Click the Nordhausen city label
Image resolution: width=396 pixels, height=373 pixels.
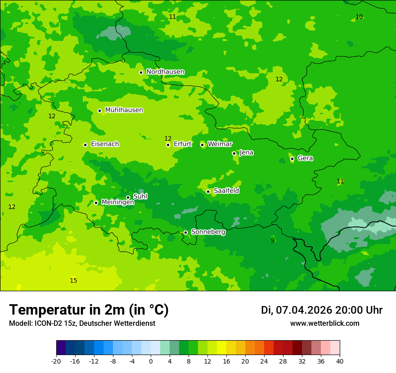165,72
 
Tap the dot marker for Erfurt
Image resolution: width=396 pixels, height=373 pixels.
168,145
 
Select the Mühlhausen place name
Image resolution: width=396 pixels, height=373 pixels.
124,110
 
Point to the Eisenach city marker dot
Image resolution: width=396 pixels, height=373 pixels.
85,145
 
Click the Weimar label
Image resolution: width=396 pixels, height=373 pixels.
220,144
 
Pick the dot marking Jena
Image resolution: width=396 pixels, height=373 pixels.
234,153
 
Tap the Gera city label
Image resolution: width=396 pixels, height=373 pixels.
305,158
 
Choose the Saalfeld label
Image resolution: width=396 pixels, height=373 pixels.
226,191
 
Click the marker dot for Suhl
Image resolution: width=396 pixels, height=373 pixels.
128,197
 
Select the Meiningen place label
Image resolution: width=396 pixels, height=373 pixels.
117,202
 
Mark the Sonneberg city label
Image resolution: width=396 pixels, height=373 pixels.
208,232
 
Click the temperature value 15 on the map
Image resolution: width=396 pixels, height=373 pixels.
73,281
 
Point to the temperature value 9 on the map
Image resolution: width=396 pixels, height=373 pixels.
272,241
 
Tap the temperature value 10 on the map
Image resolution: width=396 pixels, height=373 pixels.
359,17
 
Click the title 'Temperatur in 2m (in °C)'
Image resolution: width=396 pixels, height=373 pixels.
89,310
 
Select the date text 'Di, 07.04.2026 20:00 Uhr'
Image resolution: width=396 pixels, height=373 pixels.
321,310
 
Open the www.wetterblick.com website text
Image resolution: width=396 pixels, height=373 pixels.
324,324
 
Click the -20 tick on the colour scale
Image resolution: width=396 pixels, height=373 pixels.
56,361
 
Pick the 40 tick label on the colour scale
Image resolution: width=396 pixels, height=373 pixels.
340,361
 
